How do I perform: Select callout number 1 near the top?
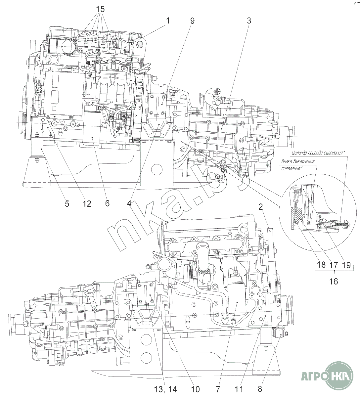pyautogui.click(x=168, y=21)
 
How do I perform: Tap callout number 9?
pyautogui.click(x=192, y=21)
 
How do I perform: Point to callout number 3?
pyautogui.click(x=249, y=21)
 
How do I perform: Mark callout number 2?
pyautogui.click(x=260, y=207)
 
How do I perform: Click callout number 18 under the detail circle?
pyautogui.click(x=321, y=265)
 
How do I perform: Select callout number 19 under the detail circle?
pyautogui.click(x=346, y=265)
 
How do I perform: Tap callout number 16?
pyautogui.click(x=334, y=281)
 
